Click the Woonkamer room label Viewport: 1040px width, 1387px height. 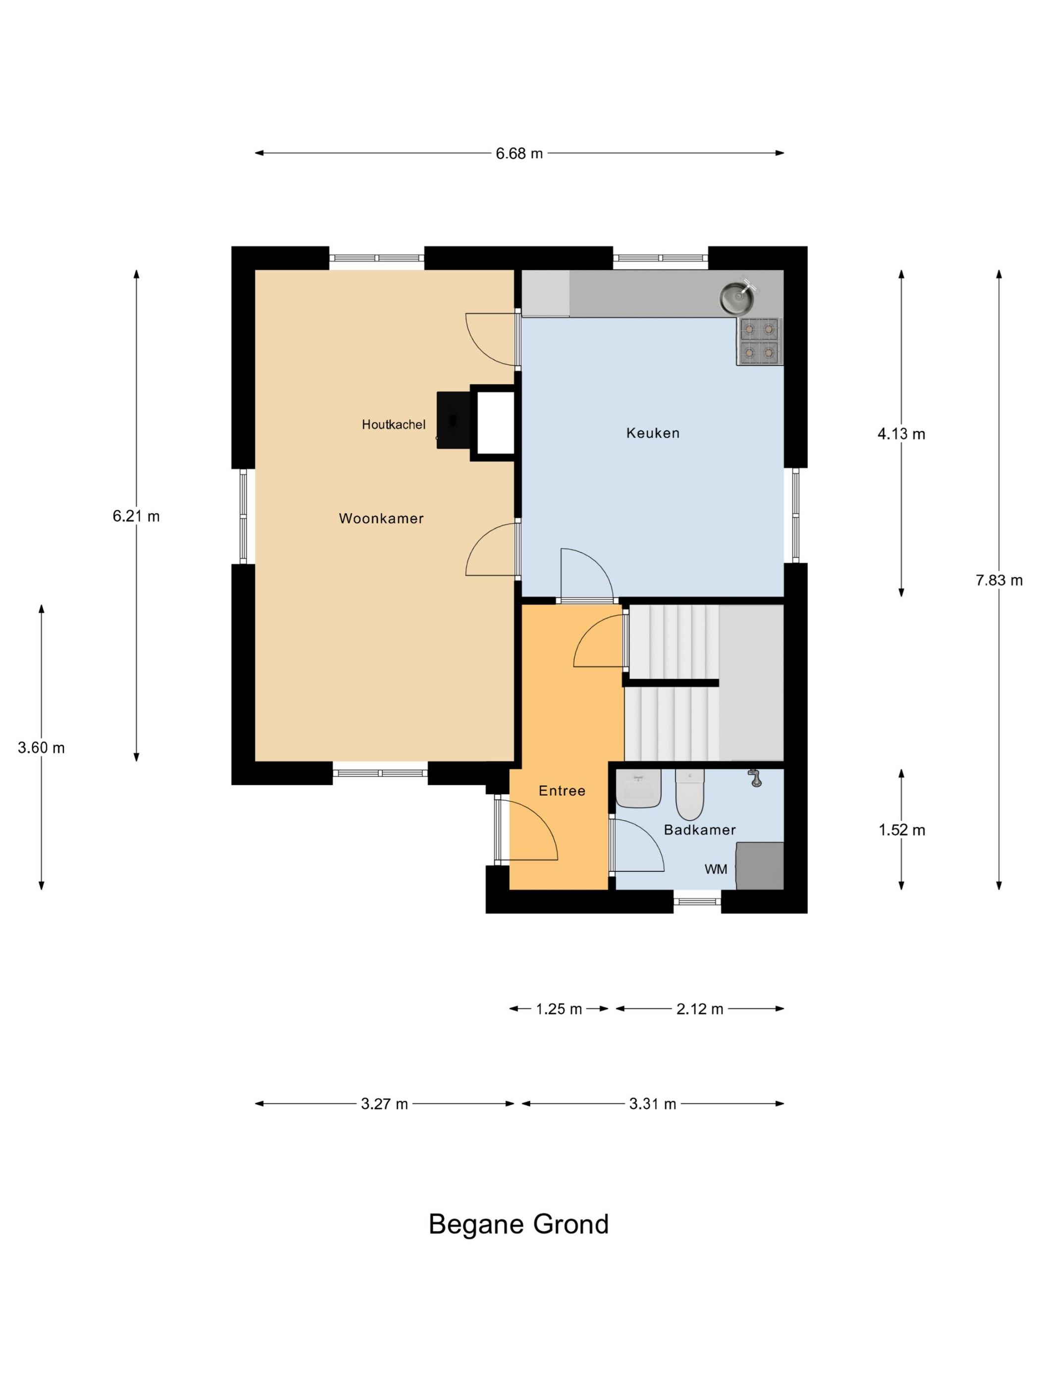tap(381, 519)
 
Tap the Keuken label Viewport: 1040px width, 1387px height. tap(653, 432)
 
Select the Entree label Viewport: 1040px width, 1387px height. tap(562, 791)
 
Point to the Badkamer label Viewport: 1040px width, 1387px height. tap(700, 830)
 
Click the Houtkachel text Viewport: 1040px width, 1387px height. tap(394, 425)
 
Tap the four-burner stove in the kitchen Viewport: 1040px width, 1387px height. tap(759, 341)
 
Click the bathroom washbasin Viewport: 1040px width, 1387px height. tap(638, 788)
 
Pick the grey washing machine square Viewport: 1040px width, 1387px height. tap(760, 865)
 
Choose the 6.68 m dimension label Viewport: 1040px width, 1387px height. tap(519, 153)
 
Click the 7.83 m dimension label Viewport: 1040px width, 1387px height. tap(998, 580)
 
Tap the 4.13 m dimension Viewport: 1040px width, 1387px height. tap(901, 433)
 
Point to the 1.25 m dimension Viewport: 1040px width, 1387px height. tap(559, 1009)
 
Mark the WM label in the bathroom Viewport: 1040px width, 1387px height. tap(716, 869)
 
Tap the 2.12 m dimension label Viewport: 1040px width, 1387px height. tap(700, 1009)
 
